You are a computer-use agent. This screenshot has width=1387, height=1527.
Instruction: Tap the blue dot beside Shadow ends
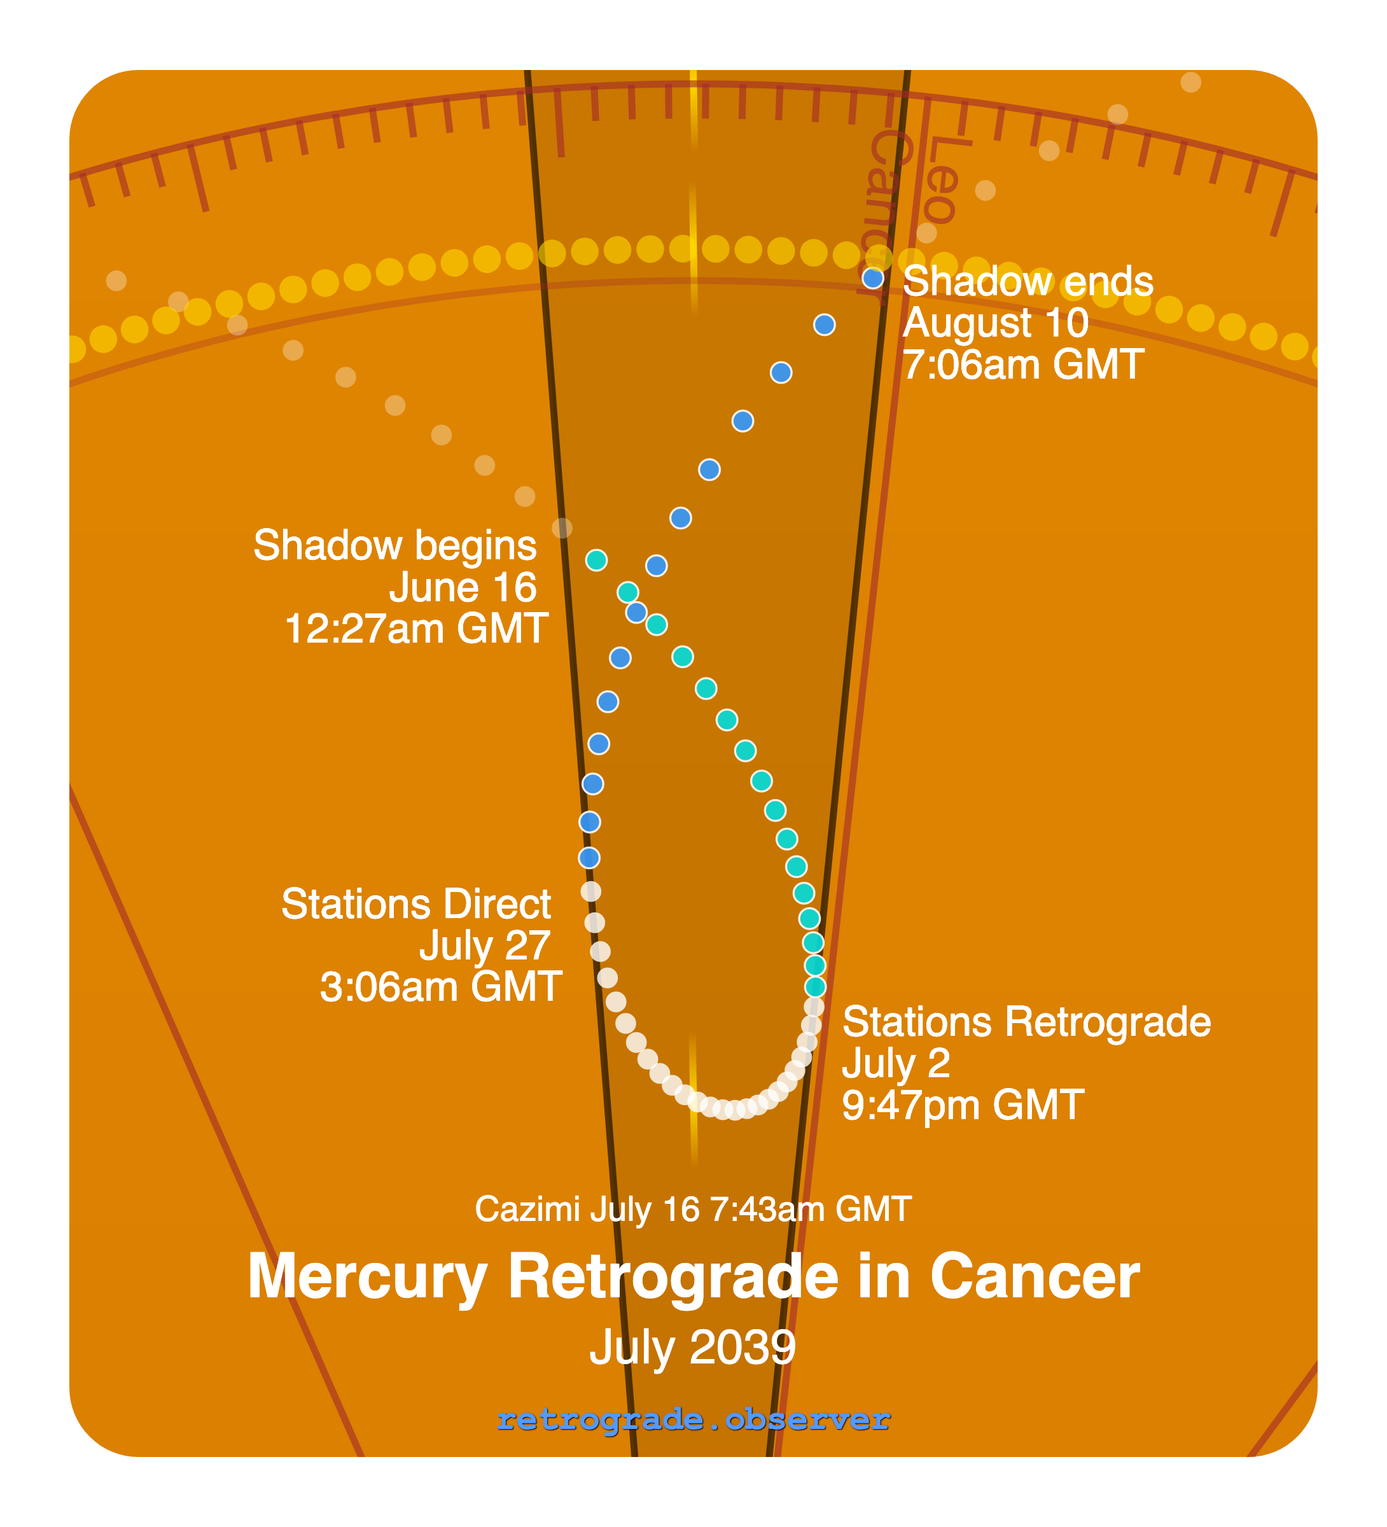873,278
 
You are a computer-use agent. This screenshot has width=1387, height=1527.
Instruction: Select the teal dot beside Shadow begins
596,560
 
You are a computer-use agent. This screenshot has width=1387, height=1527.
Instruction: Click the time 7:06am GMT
1022,365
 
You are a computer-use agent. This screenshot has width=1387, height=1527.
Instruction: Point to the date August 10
995,323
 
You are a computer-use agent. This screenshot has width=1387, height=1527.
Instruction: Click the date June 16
463,587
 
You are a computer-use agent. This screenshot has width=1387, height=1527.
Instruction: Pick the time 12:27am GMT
416,629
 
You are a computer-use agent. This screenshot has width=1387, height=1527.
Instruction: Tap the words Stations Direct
416,903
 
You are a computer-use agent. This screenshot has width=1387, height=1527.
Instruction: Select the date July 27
484,945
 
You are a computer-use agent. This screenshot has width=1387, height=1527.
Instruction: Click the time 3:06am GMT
440,987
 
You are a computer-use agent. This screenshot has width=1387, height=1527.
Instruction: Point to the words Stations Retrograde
1026,1022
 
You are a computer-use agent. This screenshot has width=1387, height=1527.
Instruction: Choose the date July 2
895,1063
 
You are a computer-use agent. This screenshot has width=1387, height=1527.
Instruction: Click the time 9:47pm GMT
963,1105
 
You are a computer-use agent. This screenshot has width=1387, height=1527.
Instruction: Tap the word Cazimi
527,1209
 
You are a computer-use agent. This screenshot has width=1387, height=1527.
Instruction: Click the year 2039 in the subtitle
742,1348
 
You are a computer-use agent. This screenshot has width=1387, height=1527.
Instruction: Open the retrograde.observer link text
693,1419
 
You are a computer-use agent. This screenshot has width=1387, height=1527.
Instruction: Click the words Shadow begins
394,545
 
